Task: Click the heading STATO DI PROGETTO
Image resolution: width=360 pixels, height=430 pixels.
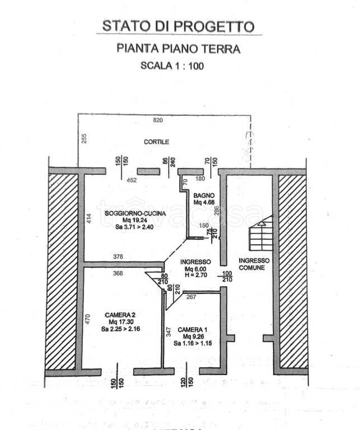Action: pos(179,26)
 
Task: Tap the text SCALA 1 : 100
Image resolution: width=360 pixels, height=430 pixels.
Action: pos(172,65)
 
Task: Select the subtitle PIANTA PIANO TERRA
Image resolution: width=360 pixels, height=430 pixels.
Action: pos(178,49)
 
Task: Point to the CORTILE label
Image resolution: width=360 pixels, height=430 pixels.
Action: pos(156,142)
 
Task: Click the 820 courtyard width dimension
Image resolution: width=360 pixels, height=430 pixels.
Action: pos(158,121)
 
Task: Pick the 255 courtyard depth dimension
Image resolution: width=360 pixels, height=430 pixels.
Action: pos(85,138)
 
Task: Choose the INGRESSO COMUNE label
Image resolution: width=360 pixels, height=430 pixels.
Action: pos(254,264)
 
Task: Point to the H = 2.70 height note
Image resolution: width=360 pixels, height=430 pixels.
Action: pos(196,275)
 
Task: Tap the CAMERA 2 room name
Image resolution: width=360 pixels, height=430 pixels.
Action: pos(120,315)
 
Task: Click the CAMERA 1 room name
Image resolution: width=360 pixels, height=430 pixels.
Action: pos(192,329)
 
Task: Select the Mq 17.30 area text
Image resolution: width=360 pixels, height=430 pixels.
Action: pos(120,322)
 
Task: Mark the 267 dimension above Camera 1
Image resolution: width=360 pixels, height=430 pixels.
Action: pos(190,297)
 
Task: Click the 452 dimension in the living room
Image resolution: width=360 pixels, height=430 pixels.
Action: pos(132,180)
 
